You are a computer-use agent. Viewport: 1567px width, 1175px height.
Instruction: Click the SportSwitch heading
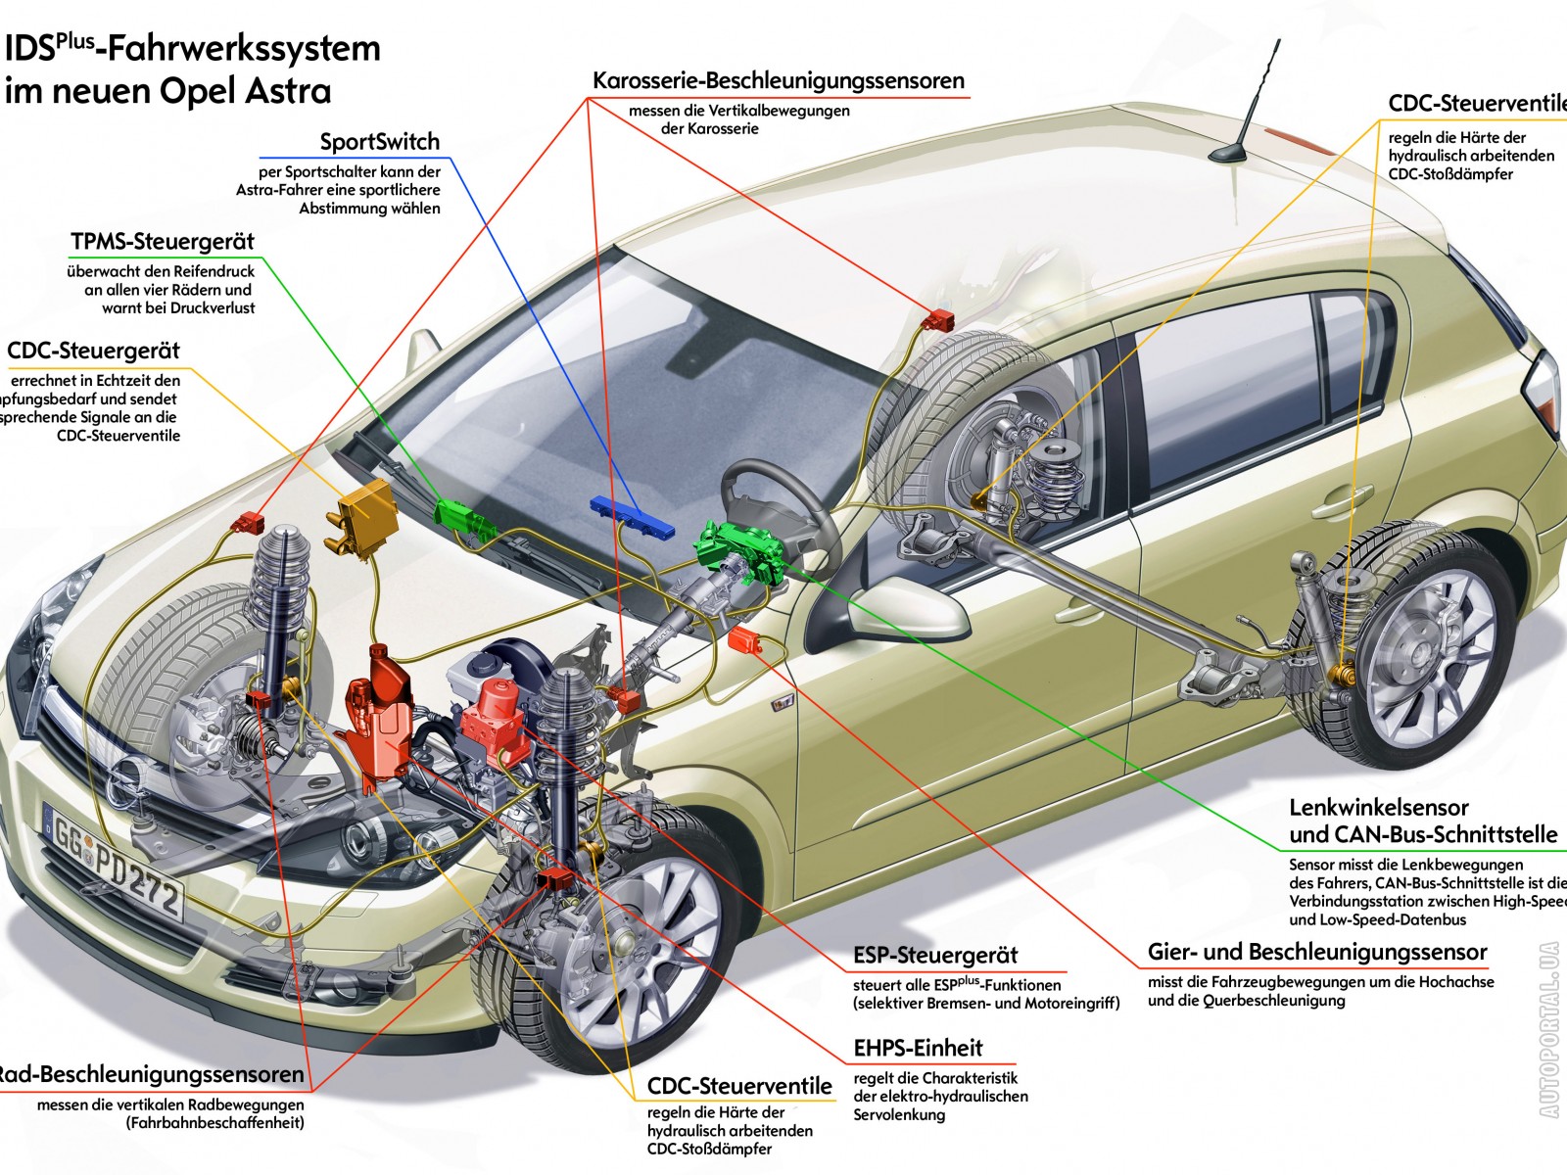[379, 142]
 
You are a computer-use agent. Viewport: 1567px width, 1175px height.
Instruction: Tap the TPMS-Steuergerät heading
[162, 242]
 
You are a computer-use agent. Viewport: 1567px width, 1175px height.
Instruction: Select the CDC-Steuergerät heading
[93, 351]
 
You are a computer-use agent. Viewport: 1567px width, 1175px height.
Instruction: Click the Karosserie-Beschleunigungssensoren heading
[779, 81]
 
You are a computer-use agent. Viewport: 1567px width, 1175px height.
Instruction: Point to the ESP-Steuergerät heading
[935, 956]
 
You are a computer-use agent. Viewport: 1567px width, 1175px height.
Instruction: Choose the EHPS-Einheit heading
[918, 1049]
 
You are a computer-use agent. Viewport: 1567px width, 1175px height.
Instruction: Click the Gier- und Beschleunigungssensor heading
[1317, 953]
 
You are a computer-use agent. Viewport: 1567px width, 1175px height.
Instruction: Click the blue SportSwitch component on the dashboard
[633, 516]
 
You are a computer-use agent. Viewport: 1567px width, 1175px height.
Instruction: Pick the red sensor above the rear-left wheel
[940, 319]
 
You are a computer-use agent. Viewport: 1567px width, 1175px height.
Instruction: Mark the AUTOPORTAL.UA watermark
[1548, 1028]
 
